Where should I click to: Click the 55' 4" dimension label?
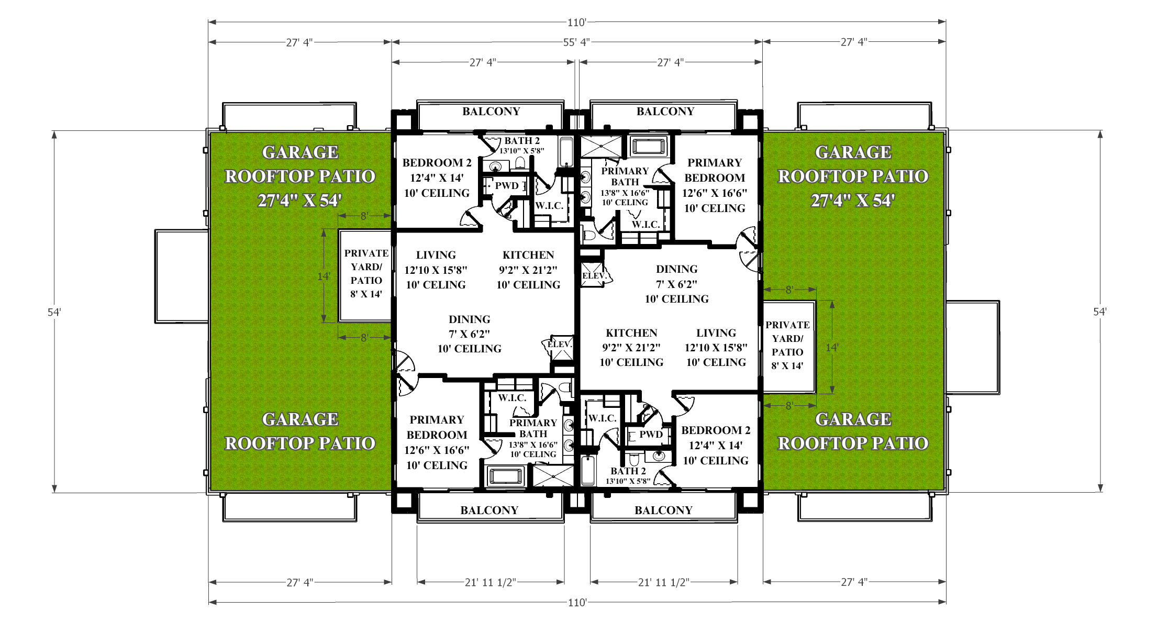click(x=576, y=42)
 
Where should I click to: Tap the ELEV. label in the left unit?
click(x=560, y=344)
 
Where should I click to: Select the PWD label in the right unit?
click(x=651, y=435)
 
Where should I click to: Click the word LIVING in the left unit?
click(x=436, y=255)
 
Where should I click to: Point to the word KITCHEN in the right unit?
click(x=631, y=333)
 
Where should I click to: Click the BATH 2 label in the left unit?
click(x=521, y=141)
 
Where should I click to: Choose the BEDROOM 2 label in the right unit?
click(x=716, y=430)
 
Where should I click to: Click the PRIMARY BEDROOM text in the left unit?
click(x=437, y=427)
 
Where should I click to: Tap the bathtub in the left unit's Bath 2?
click(x=565, y=151)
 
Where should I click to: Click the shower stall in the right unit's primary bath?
click(x=602, y=146)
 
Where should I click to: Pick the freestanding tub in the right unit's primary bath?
click(x=649, y=146)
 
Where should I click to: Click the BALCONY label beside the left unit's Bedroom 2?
click(x=491, y=112)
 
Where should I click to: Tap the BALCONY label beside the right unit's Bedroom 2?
click(x=663, y=510)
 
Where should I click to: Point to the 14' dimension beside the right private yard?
click(x=832, y=347)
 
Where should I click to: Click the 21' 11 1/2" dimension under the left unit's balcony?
click(x=491, y=582)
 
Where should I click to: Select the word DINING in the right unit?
click(x=677, y=269)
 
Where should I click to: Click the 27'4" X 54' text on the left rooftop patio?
click(x=299, y=201)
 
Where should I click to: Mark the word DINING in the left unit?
click(x=470, y=319)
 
